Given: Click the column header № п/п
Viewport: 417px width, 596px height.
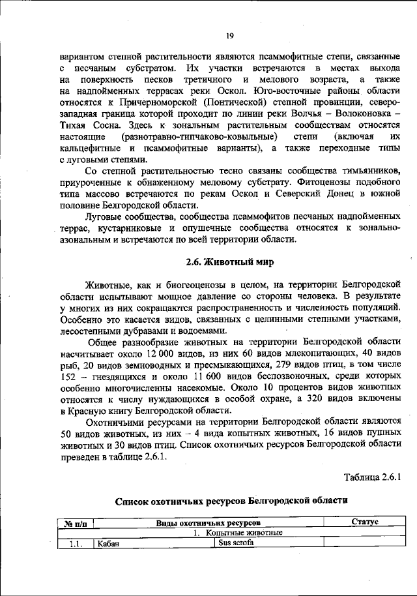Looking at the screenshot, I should [x=76, y=523].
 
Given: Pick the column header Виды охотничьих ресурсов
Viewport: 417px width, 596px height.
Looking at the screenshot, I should [x=208, y=523].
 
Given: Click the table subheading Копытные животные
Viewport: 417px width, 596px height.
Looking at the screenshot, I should [x=241, y=532].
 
